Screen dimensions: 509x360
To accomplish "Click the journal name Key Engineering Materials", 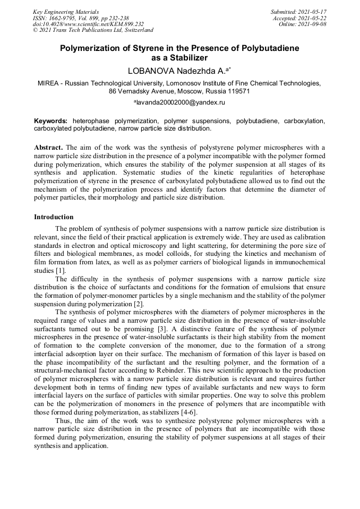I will (65, 11).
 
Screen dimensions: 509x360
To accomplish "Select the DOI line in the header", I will (88, 24).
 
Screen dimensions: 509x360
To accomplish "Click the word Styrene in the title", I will (155, 48).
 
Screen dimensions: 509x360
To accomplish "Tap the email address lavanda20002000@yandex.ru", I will (181, 101).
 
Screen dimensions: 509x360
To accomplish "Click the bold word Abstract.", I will (48, 147).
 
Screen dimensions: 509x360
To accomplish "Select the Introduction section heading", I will (54, 217).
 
